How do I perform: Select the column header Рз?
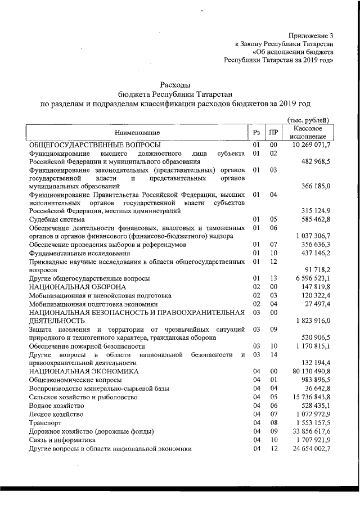click(x=256, y=132)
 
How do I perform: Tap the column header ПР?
click(x=273, y=132)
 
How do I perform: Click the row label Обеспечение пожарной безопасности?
click(x=89, y=346)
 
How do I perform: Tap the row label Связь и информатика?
click(x=62, y=439)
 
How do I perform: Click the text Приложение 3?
click(x=310, y=35)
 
